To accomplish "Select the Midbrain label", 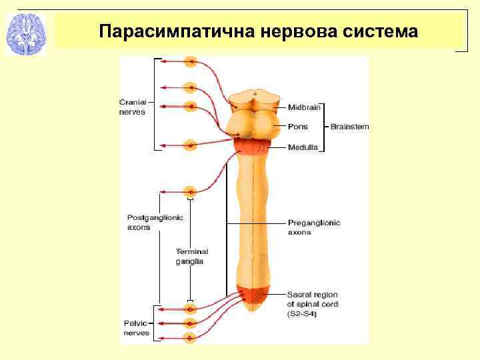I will (304, 107).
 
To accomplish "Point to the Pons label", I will (297, 127).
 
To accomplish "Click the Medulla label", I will (303, 147).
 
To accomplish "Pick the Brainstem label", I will (350, 127).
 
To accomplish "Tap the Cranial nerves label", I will (132, 107).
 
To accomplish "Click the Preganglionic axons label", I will (313, 227).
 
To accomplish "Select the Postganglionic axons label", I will (155, 222).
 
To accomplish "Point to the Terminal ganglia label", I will (192, 257).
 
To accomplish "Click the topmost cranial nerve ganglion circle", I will (191, 62).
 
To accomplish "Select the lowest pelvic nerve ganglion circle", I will (191, 337).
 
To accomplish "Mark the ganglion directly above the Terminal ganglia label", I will (191, 190).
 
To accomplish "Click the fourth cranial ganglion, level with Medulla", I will (191, 144).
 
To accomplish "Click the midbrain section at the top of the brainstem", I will (251, 101).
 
